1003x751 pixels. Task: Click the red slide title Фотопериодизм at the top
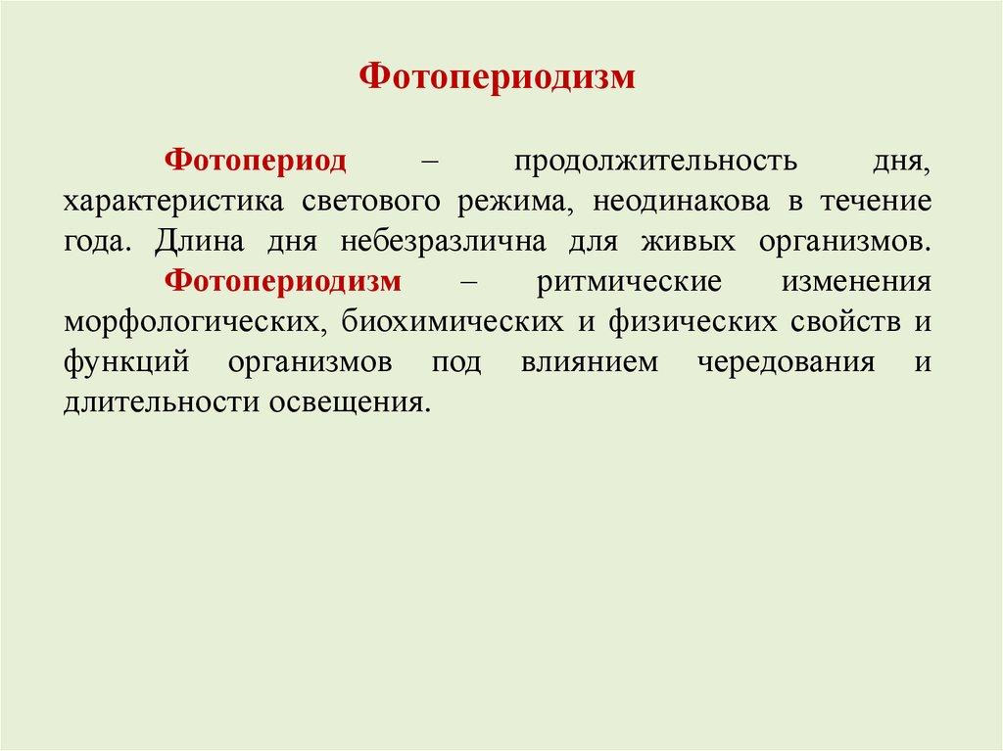point(497,77)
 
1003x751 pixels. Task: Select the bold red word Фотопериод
point(256,161)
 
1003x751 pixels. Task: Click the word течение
point(876,202)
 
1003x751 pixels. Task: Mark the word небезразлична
point(443,242)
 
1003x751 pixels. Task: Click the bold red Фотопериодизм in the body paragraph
point(283,281)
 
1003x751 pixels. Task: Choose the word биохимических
point(453,322)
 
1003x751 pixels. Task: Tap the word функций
point(126,363)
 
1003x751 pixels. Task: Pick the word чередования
point(786,363)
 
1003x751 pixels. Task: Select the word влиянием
point(589,363)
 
